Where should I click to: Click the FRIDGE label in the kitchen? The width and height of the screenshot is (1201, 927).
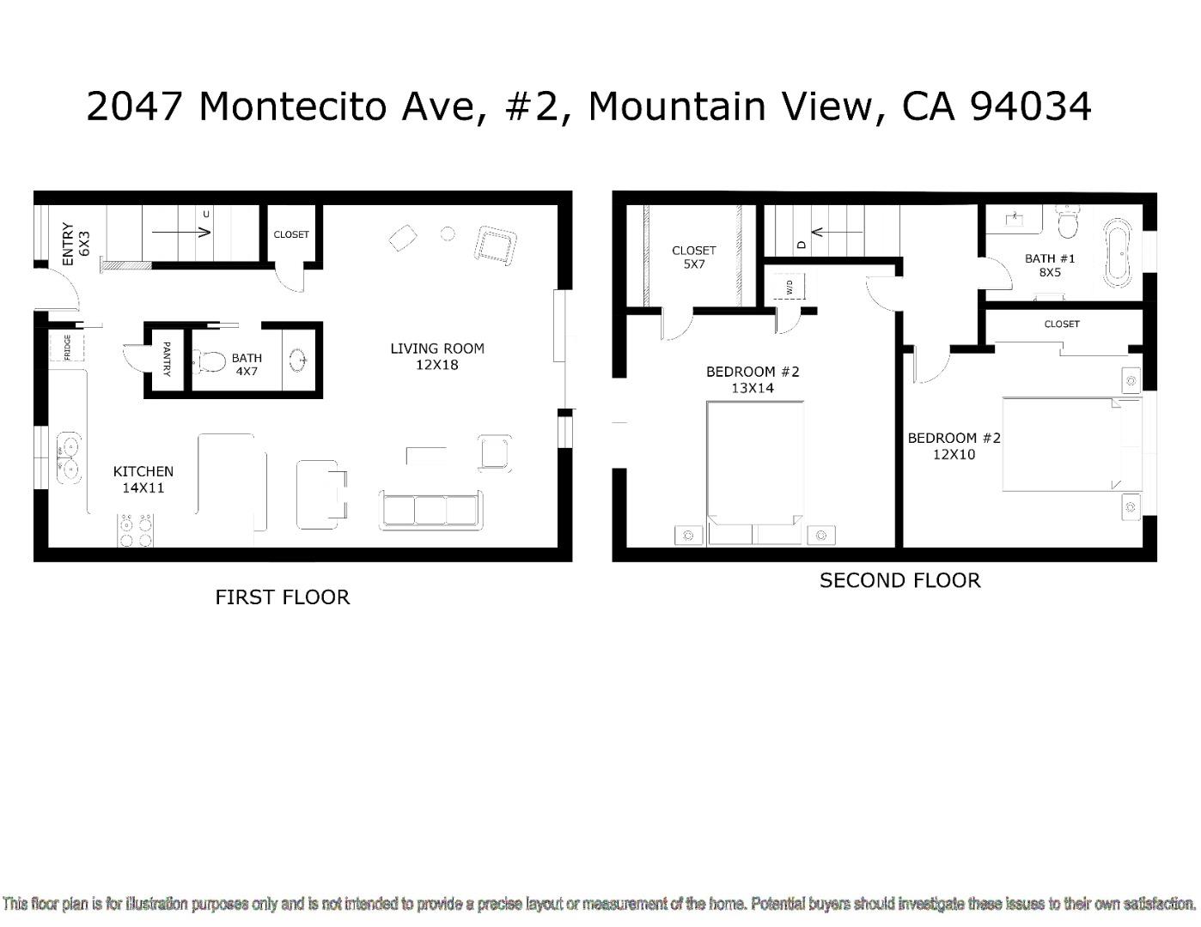[67, 347]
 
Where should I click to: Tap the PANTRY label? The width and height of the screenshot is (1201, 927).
[166, 359]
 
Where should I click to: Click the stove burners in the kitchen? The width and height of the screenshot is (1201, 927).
[136, 530]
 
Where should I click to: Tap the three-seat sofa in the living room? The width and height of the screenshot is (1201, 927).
[431, 510]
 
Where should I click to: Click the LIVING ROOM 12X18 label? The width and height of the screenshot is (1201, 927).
[436, 356]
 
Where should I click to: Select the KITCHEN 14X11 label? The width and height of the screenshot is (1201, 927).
[143, 479]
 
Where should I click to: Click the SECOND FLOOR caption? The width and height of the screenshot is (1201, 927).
[899, 580]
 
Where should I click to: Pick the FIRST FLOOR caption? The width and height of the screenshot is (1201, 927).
[282, 597]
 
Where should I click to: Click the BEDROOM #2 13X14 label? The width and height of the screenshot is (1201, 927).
[753, 379]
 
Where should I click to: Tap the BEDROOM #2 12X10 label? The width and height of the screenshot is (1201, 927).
[954, 445]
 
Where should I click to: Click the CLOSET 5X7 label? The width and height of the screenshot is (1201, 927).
[693, 257]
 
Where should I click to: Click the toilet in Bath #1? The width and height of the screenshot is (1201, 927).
[1068, 222]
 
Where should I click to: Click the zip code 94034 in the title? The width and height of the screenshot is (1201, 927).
[1030, 106]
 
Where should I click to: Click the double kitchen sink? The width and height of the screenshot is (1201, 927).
[68, 458]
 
